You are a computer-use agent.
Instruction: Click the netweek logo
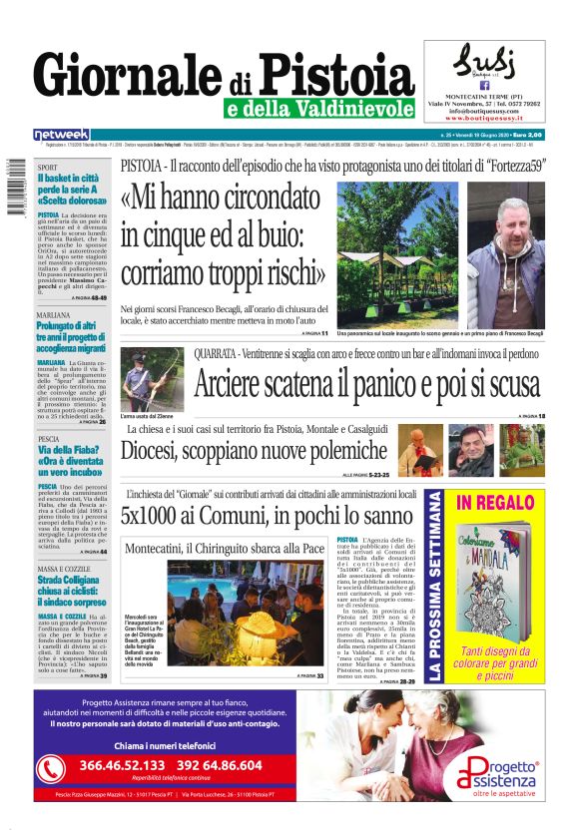[x=61, y=134]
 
